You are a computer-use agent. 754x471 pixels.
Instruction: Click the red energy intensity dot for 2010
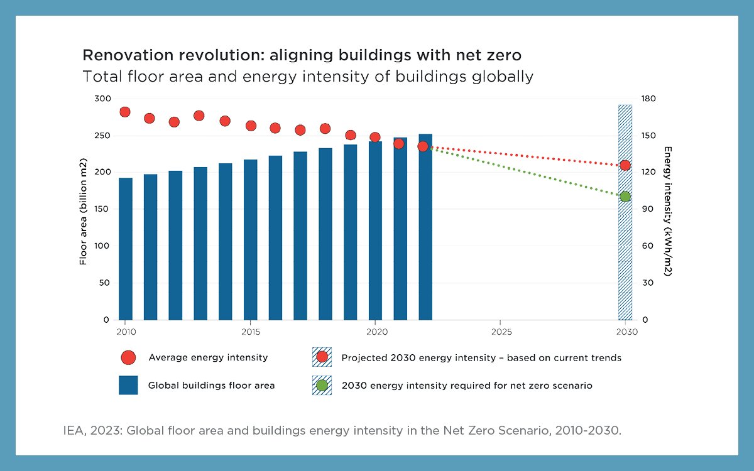(x=124, y=112)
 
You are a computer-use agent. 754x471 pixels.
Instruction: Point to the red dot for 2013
(x=199, y=116)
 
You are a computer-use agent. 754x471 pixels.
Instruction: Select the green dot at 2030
(x=625, y=197)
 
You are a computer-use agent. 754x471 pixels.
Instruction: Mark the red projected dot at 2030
(x=625, y=165)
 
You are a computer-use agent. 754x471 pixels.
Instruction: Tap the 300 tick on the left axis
(x=102, y=99)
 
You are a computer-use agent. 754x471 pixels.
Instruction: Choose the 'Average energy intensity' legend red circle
(x=128, y=357)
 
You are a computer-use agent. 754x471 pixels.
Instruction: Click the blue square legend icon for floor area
(x=128, y=385)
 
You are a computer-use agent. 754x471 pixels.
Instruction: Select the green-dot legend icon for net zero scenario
(x=322, y=385)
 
